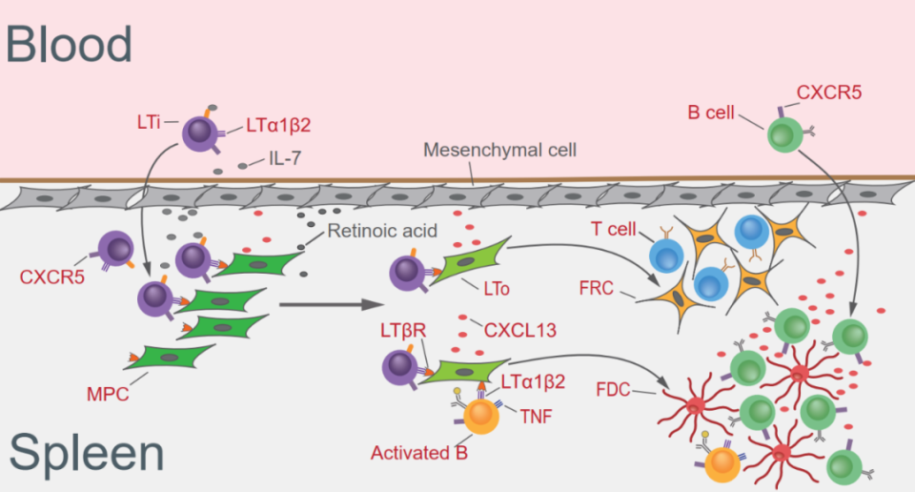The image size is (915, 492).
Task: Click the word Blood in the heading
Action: (x=69, y=44)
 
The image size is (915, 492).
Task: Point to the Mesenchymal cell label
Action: (x=499, y=150)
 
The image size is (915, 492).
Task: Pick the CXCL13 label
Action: (x=520, y=331)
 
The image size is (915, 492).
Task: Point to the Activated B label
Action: (x=420, y=453)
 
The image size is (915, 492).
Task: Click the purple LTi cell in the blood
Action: (x=199, y=133)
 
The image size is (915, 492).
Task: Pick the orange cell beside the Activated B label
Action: (x=478, y=416)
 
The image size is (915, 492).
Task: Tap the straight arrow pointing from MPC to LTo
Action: (x=324, y=307)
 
